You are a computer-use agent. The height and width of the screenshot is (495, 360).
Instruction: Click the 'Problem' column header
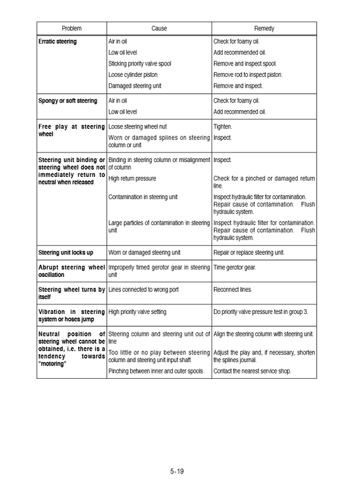pyautogui.click(x=72, y=28)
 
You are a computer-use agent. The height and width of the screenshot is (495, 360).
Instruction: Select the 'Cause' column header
pyautogui.click(x=159, y=28)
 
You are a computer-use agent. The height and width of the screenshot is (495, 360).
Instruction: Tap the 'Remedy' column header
pyautogui.click(x=263, y=28)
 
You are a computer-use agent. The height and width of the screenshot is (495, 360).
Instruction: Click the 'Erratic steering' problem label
pyautogui.click(x=57, y=42)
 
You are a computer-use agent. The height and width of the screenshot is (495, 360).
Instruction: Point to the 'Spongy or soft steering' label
pyautogui.click(x=68, y=101)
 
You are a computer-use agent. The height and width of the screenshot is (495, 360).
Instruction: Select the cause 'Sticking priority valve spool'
pyautogui.click(x=140, y=63)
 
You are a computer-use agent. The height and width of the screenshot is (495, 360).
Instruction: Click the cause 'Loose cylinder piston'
pyautogui.click(x=133, y=75)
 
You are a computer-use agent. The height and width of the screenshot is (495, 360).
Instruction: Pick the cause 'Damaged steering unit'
pyautogui.click(x=135, y=86)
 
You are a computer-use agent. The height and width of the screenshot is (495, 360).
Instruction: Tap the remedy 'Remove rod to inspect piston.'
pyautogui.click(x=248, y=75)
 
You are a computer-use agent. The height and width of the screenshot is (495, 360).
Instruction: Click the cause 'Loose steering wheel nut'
pyautogui.click(x=138, y=126)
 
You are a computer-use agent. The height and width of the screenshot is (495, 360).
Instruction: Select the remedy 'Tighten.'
pyautogui.click(x=223, y=126)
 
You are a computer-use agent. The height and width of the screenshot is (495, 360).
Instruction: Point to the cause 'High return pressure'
pyautogui.click(x=132, y=178)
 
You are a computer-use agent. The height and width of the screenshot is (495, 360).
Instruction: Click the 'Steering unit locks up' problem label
pyautogui.click(x=66, y=253)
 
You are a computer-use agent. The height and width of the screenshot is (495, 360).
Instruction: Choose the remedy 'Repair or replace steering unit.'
pyautogui.click(x=249, y=253)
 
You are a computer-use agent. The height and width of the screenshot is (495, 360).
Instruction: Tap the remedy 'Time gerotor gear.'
pyautogui.click(x=234, y=267)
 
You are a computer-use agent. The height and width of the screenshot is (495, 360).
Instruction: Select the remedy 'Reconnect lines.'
pyautogui.click(x=232, y=290)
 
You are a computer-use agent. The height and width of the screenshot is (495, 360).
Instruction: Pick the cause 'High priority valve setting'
pyautogui.click(x=137, y=312)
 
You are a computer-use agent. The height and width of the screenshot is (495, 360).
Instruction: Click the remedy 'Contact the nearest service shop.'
pyautogui.click(x=252, y=371)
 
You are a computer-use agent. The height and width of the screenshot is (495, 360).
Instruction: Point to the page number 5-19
pyautogui.click(x=177, y=471)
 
